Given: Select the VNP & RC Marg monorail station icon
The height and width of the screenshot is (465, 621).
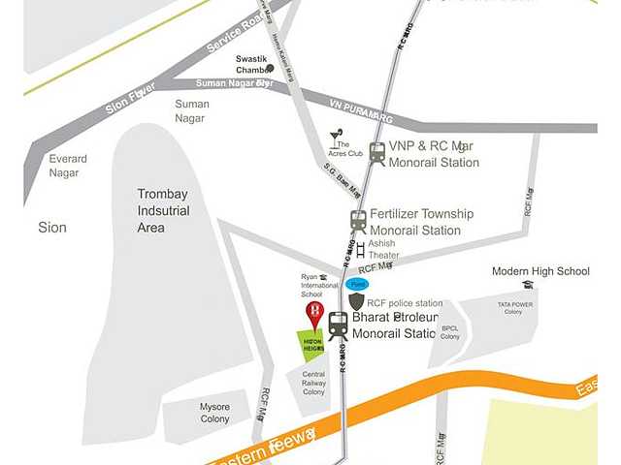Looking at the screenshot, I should tap(376, 152).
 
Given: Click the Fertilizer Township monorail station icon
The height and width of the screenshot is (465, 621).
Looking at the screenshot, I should tap(359, 221).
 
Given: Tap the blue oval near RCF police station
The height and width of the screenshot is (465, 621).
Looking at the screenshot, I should tap(358, 285).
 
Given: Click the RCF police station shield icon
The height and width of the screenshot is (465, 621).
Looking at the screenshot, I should tap(356, 302).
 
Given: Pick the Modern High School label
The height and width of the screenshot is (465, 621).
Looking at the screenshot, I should tap(540, 271).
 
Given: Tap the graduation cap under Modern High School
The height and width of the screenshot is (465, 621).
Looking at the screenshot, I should tap(528, 285).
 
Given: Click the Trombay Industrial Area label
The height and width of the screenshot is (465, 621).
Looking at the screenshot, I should tap(164, 210).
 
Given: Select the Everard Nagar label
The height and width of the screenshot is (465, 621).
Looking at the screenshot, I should tap(68, 166).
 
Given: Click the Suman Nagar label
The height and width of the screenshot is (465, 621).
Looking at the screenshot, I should tap(192, 110).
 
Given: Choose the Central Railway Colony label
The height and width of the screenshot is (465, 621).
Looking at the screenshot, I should tap(313, 383).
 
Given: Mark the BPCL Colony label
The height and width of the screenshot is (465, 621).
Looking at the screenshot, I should tap(450, 332).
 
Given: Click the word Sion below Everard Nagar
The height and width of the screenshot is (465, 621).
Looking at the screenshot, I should tap(51, 228).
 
